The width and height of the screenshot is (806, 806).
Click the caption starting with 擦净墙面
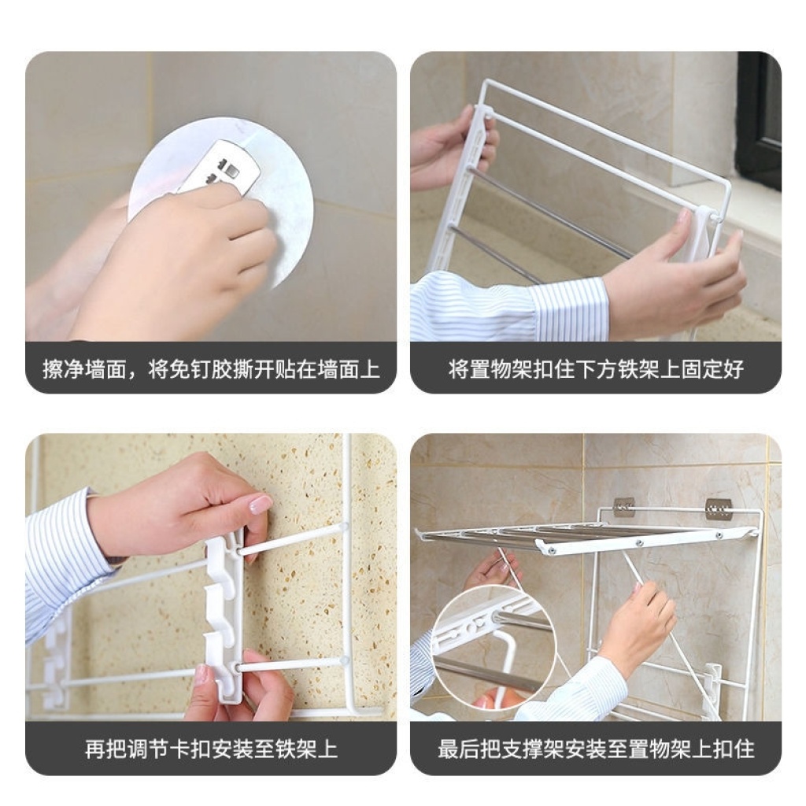[x=211, y=369]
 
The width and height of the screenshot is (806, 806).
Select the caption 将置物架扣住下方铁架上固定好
[x=596, y=369]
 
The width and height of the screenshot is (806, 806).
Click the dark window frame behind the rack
[x=759, y=120]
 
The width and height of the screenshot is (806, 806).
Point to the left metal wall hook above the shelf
[x=624, y=507]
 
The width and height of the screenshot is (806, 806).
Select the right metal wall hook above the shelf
[x=718, y=509]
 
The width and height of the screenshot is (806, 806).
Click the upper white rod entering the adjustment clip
[x=292, y=538]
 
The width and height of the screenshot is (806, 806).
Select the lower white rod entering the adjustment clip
[x=291, y=664]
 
